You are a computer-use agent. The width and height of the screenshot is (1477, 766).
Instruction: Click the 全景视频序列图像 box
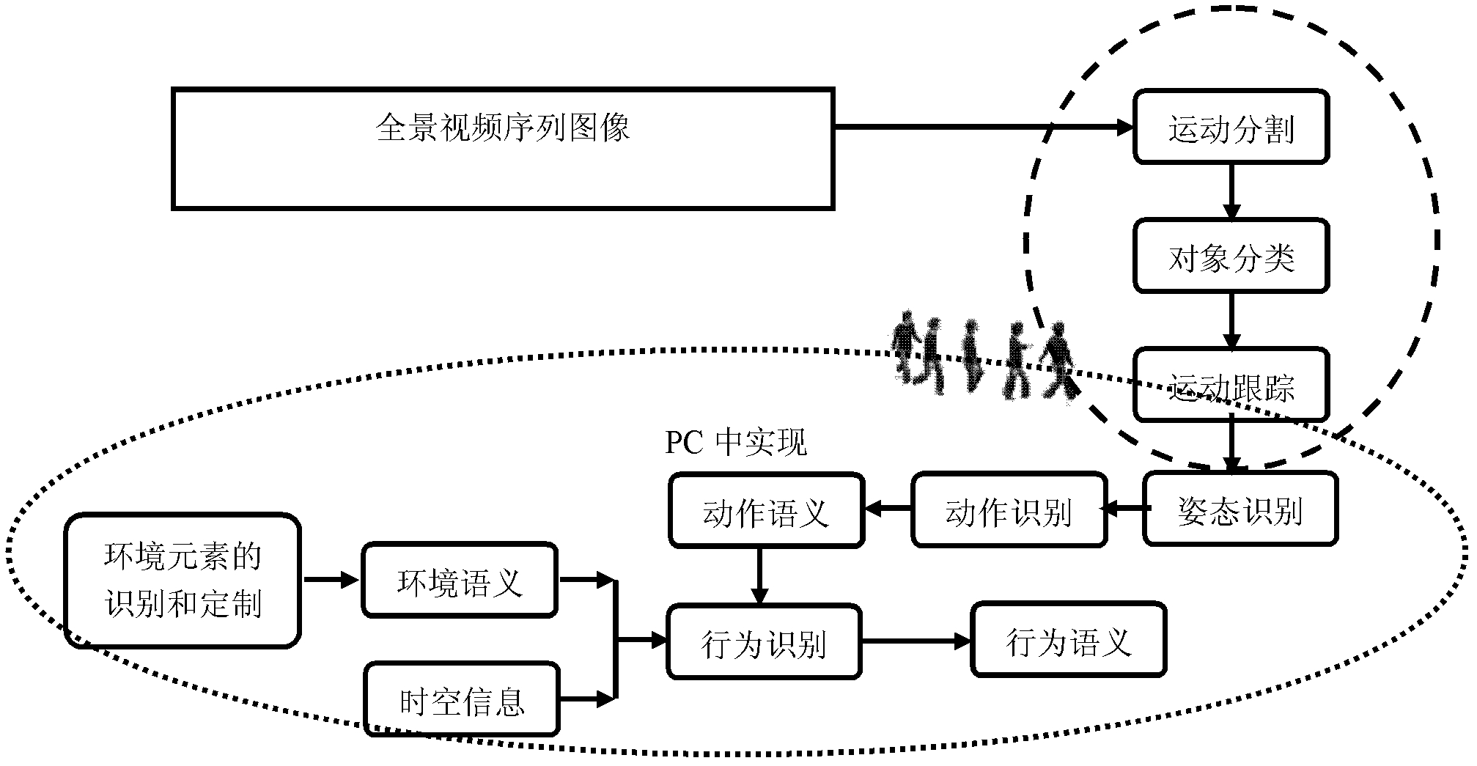(503, 149)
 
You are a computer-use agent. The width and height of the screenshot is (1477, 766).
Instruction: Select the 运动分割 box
(1231, 127)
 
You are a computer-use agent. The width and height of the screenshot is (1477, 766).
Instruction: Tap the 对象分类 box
(1231, 256)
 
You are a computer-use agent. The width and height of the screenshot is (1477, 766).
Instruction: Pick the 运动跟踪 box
(1231, 385)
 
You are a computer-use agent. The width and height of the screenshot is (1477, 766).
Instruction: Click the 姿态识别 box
(1240, 509)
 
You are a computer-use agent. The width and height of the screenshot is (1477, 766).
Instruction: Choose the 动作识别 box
(1009, 510)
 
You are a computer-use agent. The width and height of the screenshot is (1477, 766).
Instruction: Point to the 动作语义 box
(766, 510)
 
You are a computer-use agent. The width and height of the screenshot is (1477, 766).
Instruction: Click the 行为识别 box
(764, 642)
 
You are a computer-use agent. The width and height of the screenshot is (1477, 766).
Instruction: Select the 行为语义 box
(1068, 640)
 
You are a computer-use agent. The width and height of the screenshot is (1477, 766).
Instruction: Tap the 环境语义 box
(460, 581)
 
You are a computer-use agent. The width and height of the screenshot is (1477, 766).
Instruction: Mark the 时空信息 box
(462, 699)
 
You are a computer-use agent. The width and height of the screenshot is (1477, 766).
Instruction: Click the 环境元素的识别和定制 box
(183, 581)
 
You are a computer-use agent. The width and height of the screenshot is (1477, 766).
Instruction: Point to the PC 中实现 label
(735, 443)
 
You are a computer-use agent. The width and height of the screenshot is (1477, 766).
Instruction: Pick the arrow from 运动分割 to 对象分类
(1231, 191)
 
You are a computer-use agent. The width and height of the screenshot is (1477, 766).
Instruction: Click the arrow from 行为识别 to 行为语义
(916, 642)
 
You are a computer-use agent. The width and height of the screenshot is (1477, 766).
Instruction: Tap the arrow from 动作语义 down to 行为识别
(759, 575)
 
